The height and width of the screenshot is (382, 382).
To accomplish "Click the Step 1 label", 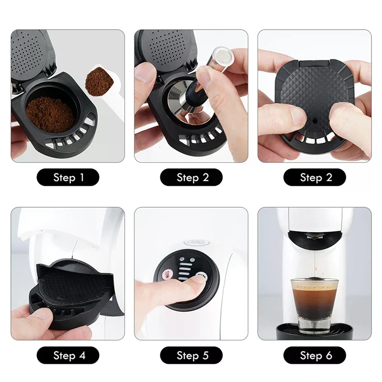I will [68, 178].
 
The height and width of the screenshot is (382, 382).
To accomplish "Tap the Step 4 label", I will [68, 355].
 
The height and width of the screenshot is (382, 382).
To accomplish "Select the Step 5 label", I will [191, 355].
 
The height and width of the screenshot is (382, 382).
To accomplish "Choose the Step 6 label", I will [314, 355].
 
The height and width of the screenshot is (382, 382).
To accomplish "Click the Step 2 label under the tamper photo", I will [191, 178].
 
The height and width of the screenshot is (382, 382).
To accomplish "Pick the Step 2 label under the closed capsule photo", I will [314, 178].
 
